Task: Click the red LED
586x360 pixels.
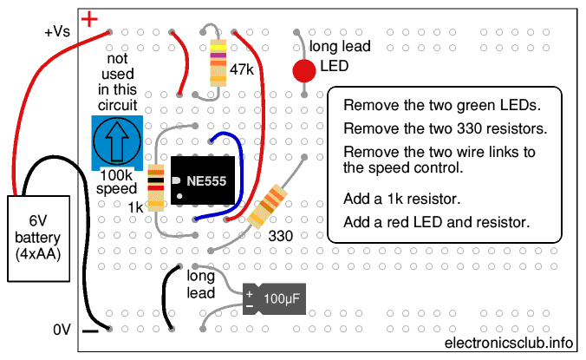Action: pos(304,70)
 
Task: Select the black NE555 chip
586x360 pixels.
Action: pos(203,180)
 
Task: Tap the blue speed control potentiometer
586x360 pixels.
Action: pos(117,142)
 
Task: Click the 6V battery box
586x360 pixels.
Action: pos(38,239)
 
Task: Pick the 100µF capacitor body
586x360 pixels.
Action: pos(274,298)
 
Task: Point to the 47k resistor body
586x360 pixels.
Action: pos(218,62)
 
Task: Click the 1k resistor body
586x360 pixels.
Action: pos(156,188)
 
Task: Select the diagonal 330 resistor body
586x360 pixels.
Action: pos(268,206)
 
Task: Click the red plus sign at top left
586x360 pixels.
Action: pos(89,19)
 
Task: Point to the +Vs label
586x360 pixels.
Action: pos(57,31)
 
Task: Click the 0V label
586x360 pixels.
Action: pos(62,330)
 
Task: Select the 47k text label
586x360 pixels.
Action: pos(242,69)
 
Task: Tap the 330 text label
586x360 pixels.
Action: pos(281,236)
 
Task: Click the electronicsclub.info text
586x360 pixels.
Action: pos(509,343)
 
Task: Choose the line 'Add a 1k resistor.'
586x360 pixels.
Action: pos(401,199)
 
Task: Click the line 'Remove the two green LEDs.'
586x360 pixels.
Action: pos(442,106)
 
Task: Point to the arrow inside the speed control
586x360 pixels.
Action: pos(117,141)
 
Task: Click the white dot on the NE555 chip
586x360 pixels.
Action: pos(179,196)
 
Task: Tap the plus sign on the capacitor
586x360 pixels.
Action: pos(250,294)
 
